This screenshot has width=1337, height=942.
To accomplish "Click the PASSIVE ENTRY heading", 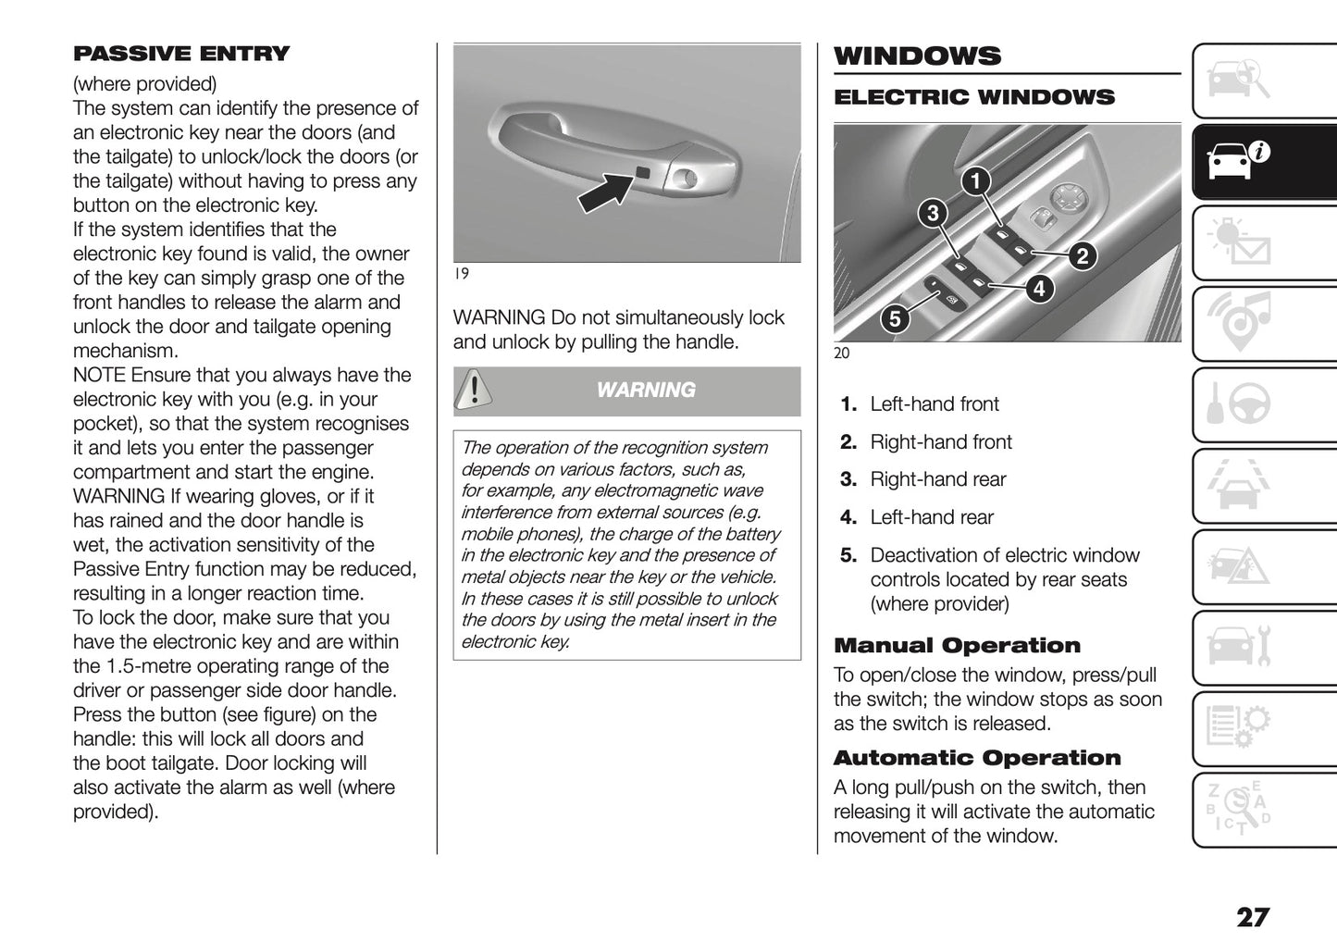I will pos(181,54).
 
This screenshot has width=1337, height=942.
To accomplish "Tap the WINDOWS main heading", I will pos(917,56).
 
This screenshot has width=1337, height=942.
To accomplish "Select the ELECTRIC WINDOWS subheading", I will pos(974,97).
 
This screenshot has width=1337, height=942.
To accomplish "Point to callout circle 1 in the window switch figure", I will pos(974,181).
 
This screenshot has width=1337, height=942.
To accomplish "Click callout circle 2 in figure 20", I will pos(1081,255).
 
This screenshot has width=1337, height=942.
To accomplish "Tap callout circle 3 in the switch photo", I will pos(933,214).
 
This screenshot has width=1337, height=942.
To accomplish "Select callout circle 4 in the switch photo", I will pos(1039,289).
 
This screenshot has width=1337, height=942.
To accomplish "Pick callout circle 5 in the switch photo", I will pos(894,319).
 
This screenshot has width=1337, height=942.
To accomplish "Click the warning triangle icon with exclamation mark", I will pos(474,390).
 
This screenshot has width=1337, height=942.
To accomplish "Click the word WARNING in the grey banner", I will pos(646,390).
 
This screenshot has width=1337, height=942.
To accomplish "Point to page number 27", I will pos(1253,917).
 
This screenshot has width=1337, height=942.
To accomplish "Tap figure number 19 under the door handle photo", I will pos(461,274).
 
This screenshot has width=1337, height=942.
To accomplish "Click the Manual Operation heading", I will pos(957,646).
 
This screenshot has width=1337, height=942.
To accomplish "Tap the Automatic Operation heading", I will pos(976,758).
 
